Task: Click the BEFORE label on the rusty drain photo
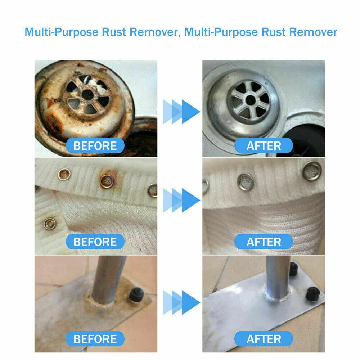[95, 146]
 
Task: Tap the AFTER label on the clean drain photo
[264, 146]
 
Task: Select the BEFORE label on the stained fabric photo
[95, 242]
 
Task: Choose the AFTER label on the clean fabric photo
[264, 242]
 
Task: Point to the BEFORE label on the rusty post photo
[95, 339]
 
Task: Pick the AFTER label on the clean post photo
[264, 339]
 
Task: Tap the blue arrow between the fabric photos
[182, 199]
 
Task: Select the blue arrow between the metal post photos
[182, 300]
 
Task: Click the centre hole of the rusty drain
[87, 94]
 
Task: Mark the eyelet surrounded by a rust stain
[107, 181]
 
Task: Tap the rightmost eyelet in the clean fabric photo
[312, 171]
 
